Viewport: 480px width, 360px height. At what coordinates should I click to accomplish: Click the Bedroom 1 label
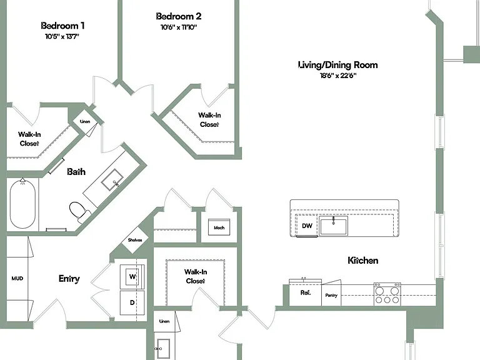[x=62, y=26]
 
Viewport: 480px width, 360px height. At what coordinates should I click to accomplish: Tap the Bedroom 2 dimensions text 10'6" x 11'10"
[x=179, y=27]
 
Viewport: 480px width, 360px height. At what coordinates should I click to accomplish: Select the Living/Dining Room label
[x=338, y=65]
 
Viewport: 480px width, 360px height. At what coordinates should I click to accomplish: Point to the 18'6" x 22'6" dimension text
[x=338, y=76]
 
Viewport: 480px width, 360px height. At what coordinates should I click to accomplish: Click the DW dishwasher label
[x=307, y=226]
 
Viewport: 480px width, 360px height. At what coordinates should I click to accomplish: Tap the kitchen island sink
[x=333, y=226]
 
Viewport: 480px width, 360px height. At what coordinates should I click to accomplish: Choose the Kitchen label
[x=363, y=261]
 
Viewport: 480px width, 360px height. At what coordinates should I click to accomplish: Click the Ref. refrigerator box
[x=305, y=292]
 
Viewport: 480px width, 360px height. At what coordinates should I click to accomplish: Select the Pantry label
[x=331, y=296]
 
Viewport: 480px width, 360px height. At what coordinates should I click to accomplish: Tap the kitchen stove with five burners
[x=387, y=294]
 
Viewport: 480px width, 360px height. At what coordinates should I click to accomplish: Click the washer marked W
[x=132, y=277]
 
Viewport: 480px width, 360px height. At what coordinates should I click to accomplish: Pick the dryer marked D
[x=132, y=302]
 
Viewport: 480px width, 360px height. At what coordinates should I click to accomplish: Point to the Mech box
[x=219, y=227]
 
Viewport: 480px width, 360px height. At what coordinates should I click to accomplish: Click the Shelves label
[x=135, y=240]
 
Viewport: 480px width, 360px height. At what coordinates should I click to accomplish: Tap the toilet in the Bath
[x=79, y=211]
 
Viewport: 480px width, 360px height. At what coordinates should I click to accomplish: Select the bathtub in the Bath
[x=22, y=204]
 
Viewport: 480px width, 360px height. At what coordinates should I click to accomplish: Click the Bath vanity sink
[x=112, y=180]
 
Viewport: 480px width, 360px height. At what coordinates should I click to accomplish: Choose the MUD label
[x=17, y=279]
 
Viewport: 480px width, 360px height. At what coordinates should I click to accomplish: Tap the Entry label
[x=69, y=279]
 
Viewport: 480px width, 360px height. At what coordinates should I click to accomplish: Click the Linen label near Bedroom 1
[x=85, y=121]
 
